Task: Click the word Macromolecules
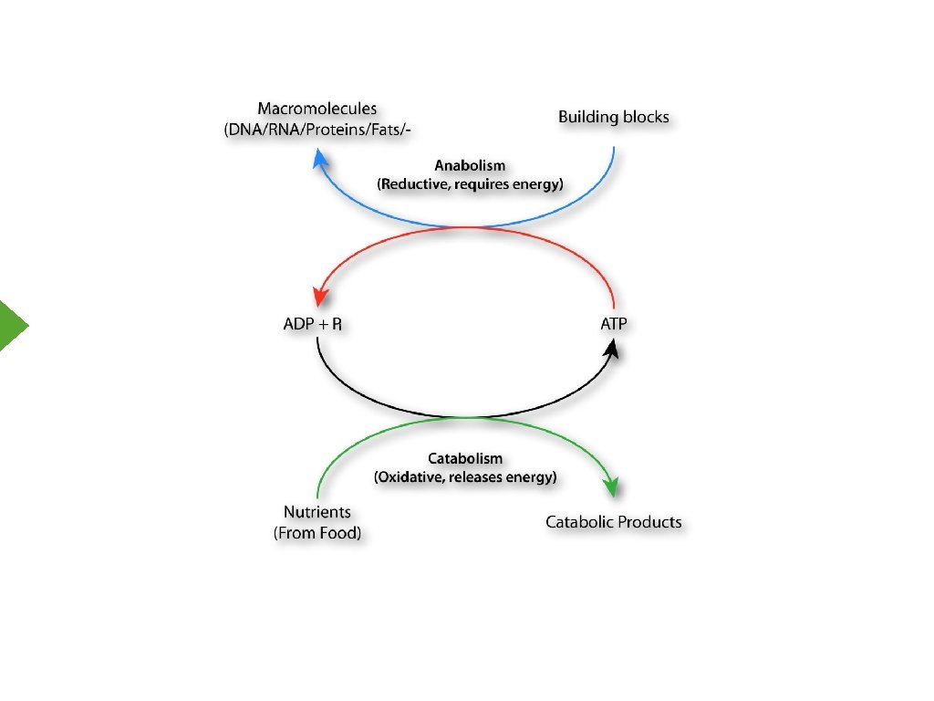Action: pyautogui.click(x=317, y=110)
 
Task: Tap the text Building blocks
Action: pyautogui.click(x=613, y=117)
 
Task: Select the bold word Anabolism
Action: pyautogui.click(x=470, y=166)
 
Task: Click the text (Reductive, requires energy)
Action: pyautogui.click(x=470, y=183)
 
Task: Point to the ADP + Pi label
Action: pyautogui.click(x=313, y=324)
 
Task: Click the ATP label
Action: pyautogui.click(x=613, y=324)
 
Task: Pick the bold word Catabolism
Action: pyautogui.click(x=465, y=458)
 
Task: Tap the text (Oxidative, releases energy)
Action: pyautogui.click(x=465, y=476)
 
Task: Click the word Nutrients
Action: pyautogui.click(x=317, y=513)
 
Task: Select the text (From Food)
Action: pyautogui.click(x=317, y=533)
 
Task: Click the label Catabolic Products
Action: pyautogui.click(x=613, y=522)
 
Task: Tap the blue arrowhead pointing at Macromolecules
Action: pyautogui.click(x=319, y=160)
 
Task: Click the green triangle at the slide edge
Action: pyautogui.click(x=12, y=324)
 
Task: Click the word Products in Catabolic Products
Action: pyautogui.click(x=649, y=522)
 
